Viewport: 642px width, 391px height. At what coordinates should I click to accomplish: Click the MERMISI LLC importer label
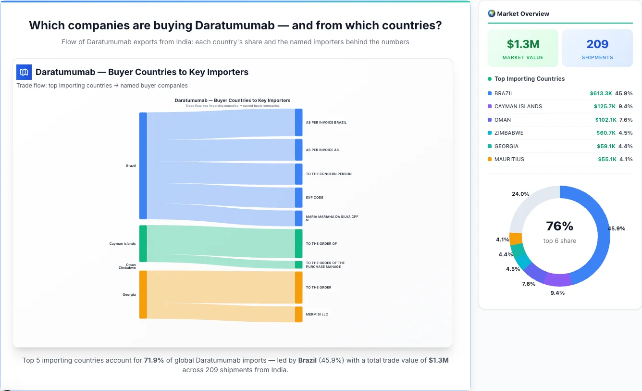tap(317, 315)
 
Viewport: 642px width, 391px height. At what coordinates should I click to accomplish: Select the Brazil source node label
tap(131, 166)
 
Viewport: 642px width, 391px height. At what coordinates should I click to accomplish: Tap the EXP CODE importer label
tap(314, 198)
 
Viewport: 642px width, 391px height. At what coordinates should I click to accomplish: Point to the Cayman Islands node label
tap(123, 244)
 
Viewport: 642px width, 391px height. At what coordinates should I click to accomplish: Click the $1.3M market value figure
tap(523, 44)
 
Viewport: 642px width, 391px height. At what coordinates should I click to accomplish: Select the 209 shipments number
tap(597, 44)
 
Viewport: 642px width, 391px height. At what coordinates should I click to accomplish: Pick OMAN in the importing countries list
tap(503, 120)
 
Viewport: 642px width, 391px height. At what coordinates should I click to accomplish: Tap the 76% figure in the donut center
tap(559, 226)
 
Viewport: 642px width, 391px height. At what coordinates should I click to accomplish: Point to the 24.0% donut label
tap(520, 194)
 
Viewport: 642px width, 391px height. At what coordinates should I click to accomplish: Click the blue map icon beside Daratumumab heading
tap(24, 72)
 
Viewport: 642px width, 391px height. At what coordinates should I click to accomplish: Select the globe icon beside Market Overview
tap(491, 13)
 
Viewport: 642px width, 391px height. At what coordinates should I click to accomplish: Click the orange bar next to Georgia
tap(143, 294)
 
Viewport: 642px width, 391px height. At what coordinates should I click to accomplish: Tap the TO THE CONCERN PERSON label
tap(329, 174)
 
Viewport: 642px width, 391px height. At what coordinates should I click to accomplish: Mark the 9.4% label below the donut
tap(557, 293)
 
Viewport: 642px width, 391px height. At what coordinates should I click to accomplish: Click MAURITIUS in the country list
tap(509, 159)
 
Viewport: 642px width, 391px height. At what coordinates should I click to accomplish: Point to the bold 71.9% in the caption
tap(154, 360)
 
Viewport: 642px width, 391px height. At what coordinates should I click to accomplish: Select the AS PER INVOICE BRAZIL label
tap(326, 123)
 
